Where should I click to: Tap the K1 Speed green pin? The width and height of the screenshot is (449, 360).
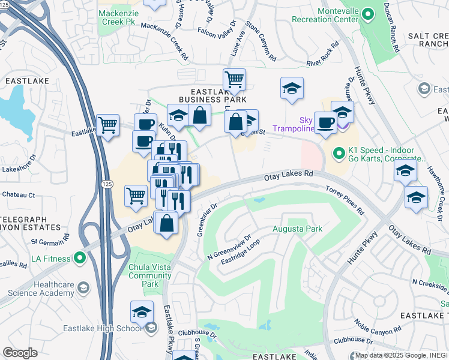coord(339,154)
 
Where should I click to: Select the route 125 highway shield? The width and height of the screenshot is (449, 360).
coord(107,183)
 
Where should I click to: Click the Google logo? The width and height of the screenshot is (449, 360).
coord(20,353)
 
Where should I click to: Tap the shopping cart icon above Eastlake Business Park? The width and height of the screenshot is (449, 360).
coord(234,79)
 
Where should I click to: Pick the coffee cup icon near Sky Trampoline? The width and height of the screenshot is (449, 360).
coord(325,122)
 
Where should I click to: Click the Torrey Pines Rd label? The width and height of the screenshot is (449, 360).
coord(345,200)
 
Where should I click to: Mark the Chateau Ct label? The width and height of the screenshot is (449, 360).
coord(19,194)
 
